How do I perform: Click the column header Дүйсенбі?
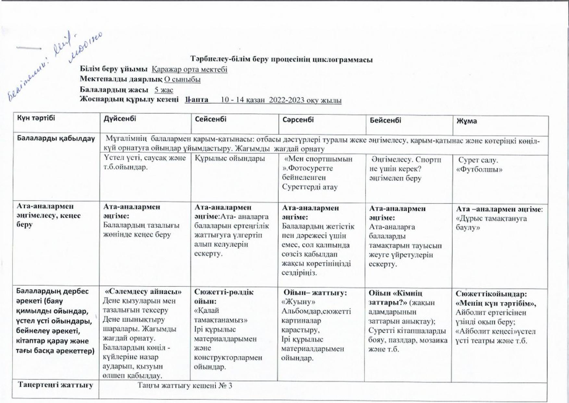(120, 119)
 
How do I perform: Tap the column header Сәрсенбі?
(298, 120)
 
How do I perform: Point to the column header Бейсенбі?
(385, 120)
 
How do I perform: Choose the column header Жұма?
(466, 121)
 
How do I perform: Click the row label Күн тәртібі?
(36, 118)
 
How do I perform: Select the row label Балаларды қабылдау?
(56, 138)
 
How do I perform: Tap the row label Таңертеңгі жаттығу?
(56, 385)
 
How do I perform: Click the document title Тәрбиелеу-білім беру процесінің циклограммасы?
(281, 59)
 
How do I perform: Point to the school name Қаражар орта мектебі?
(190, 70)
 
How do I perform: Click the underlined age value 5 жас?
(164, 90)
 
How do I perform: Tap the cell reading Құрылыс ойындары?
(230, 158)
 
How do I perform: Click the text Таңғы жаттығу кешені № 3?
(185, 386)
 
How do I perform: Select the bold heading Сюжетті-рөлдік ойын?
(224, 296)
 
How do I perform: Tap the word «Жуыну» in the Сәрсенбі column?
(298, 302)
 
